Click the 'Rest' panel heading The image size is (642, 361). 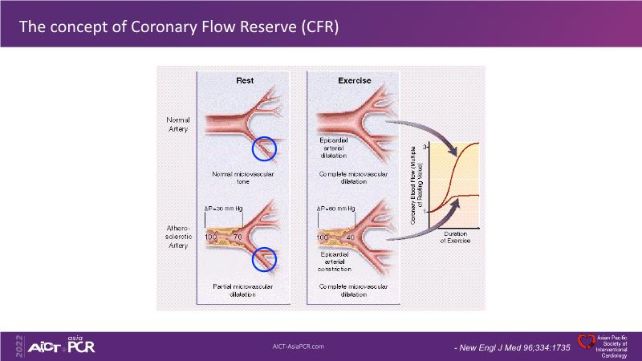pos(245,80)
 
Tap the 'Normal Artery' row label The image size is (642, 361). pos(178,124)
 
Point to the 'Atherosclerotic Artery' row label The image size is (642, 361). pos(177,237)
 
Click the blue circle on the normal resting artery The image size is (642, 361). pos(264,148)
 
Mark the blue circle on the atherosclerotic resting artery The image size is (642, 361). pos(264,258)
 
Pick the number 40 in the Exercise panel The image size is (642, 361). pos(351,238)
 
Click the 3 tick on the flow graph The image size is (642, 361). pos(426,147)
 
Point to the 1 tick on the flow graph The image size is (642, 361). pos(426,211)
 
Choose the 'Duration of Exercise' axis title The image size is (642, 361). pos(455,237)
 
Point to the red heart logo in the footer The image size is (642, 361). pos(586,341)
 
